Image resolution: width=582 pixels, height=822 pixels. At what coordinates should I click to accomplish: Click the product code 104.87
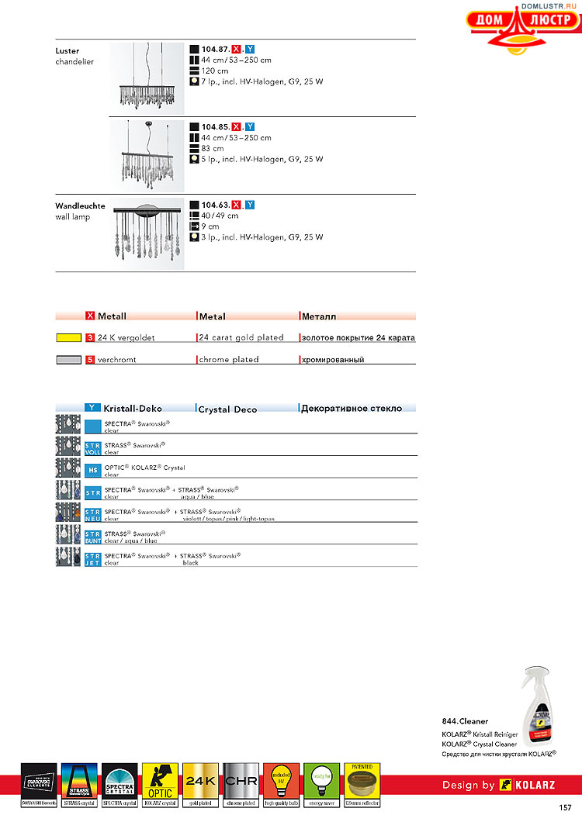coord(215,49)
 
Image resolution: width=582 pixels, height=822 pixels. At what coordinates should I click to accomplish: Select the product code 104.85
coord(215,126)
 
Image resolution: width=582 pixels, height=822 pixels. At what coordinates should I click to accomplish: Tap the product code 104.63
coord(215,205)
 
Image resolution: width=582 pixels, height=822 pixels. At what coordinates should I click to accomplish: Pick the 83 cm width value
coord(213,148)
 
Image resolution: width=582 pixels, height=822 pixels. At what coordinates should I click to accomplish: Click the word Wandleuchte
coord(80,206)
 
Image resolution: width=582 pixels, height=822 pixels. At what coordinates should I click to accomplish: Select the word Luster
coord(68,51)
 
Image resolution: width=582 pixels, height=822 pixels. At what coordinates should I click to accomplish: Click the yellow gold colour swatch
coord(68,338)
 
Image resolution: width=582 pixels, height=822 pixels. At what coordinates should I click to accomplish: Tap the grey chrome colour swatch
coord(68,360)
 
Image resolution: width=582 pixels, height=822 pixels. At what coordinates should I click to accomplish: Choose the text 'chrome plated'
coord(229,360)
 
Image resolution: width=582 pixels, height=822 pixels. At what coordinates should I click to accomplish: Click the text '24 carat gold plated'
coord(241,338)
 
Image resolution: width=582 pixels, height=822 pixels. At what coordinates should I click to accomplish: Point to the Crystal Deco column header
coord(227,409)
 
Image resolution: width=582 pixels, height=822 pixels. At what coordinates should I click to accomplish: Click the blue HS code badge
coord(92,468)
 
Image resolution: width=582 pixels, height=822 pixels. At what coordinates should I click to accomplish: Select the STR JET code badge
coord(92,559)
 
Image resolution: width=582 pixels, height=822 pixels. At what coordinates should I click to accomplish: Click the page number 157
coord(564,808)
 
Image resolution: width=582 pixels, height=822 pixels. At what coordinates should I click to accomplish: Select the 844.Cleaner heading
coord(465,721)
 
